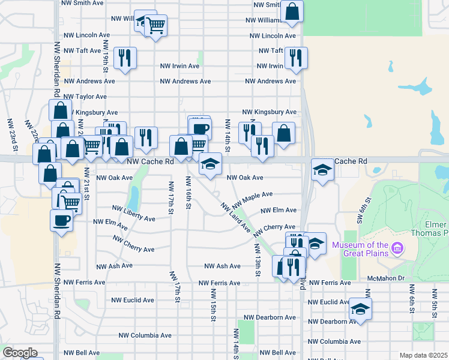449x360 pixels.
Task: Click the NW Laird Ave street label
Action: [x=235, y=218]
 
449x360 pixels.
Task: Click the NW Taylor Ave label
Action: [x=85, y=97]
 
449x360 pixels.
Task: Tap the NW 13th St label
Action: [x=257, y=260]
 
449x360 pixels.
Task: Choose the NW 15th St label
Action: [x=212, y=304]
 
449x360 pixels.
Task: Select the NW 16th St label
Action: [x=188, y=193]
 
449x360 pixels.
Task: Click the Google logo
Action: [x=20, y=353]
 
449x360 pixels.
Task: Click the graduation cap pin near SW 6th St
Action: [x=360, y=308]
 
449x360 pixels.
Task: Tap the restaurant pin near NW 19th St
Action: [x=125, y=58]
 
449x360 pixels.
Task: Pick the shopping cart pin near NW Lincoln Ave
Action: [x=156, y=25]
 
